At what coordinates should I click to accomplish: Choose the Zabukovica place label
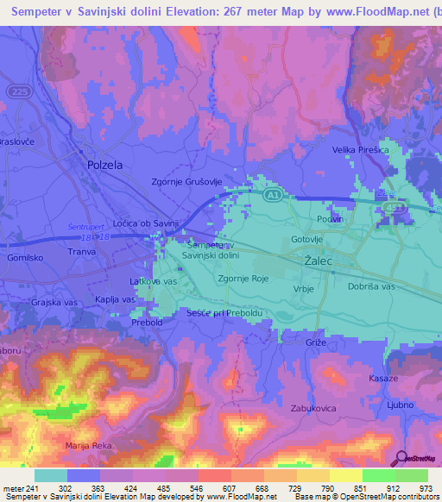313,408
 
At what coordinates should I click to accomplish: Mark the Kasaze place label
382,379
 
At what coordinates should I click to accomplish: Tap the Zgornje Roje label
244,279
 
